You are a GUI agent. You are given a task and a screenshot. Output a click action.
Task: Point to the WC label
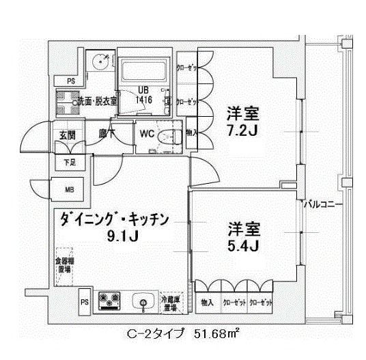(x=146, y=135)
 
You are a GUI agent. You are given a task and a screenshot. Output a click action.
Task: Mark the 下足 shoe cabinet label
(x=69, y=162)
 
